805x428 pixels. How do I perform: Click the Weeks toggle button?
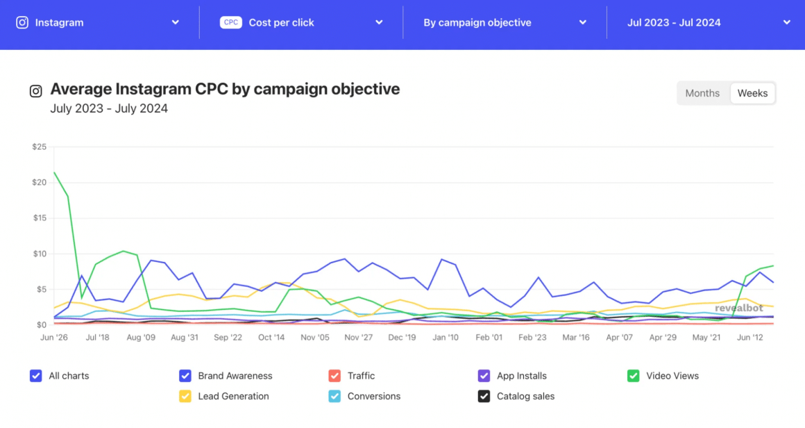point(752,93)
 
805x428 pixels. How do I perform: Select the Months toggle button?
point(702,93)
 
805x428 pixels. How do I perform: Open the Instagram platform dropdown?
point(98,22)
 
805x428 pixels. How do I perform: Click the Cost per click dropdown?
point(301,22)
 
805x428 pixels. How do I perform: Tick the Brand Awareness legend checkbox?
point(185,376)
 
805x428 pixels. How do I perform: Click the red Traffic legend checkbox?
point(334,376)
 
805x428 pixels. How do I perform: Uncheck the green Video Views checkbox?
point(633,376)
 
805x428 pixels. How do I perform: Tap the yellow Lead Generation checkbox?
point(185,397)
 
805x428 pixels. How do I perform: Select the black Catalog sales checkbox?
point(484,397)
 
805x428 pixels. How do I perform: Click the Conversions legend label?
point(374,397)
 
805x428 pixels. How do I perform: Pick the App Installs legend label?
point(522,376)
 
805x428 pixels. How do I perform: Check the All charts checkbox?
point(36,376)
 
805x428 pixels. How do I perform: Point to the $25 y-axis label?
point(39,147)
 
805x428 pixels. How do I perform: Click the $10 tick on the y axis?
point(39,254)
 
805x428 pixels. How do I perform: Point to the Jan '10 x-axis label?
point(445,338)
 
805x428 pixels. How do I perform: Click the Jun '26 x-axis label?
point(54,338)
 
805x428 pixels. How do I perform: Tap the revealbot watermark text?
point(738,308)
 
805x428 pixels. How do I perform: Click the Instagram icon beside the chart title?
point(35,91)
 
